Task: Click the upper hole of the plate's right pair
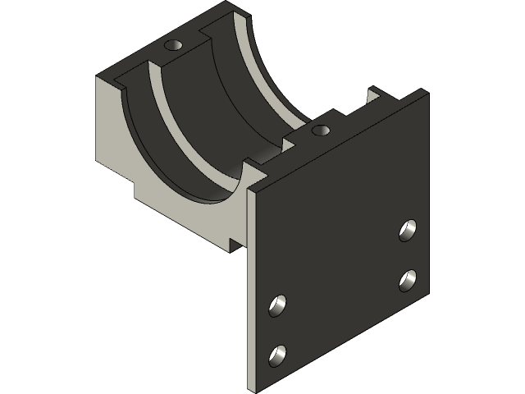(x=408, y=230)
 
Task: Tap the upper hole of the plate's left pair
(x=278, y=305)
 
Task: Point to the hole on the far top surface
(x=173, y=44)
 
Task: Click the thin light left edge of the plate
(x=249, y=287)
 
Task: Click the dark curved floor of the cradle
(x=205, y=123)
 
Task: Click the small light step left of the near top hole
(x=289, y=143)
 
